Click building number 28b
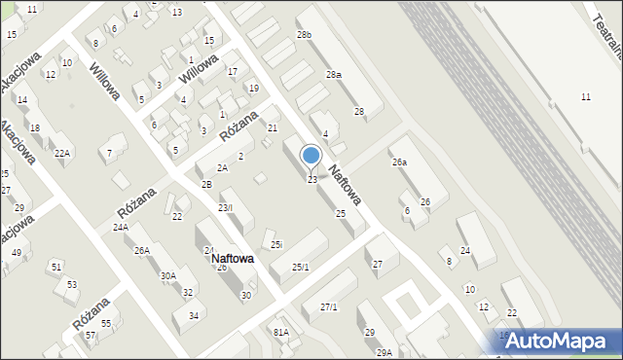[305, 35]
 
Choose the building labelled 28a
[334, 74]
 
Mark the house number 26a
[399, 162]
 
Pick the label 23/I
[225, 207]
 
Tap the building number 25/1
[301, 267]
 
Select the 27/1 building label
[329, 307]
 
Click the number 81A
[280, 332]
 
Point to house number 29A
[385, 352]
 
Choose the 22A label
[62, 153]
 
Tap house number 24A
[120, 227]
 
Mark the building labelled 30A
[168, 275]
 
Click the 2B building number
[206, 184]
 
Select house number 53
[72, 284]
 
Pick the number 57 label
[90, 335]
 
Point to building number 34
[194, 315]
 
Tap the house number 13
[176, 12]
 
